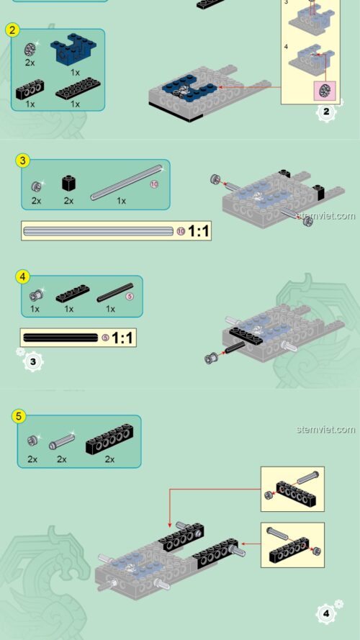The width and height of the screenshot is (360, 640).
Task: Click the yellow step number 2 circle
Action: pyautogui.click(x=12, y=30)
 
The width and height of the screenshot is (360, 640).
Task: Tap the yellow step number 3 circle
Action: pyautogui.click(x=23, y=161)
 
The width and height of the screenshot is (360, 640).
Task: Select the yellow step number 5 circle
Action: pyautogui.click(x=19, y=415)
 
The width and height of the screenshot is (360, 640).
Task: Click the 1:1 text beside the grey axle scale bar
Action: pyautogui.click(x=198, y=231)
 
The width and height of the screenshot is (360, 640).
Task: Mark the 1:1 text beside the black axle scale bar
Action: pyautogui.click(x=122, y=337)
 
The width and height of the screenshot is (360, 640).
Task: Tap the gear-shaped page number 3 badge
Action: pyautogui.click(x=30, y=361)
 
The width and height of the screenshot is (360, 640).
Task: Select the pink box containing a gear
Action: pyautogui.click(x=324, y=91)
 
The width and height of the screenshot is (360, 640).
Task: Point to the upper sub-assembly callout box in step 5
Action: pyautogui.click(x=292, y=489)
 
